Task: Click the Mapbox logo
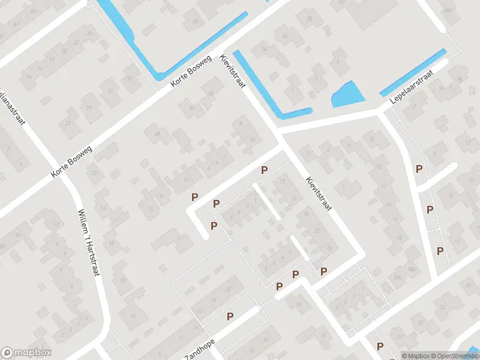(x=26, y=353)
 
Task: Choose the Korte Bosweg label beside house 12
(x=72, y=162)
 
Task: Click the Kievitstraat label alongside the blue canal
(x=233, y=72)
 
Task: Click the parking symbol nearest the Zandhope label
(x=230, y=316)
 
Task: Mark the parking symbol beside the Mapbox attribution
(x=380, y=346)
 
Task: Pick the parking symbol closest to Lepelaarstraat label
(x=419, y=169)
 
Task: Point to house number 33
(x=130, y=77)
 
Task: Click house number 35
(x=194, y=22)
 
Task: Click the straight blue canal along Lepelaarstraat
(x=413, y=73)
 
